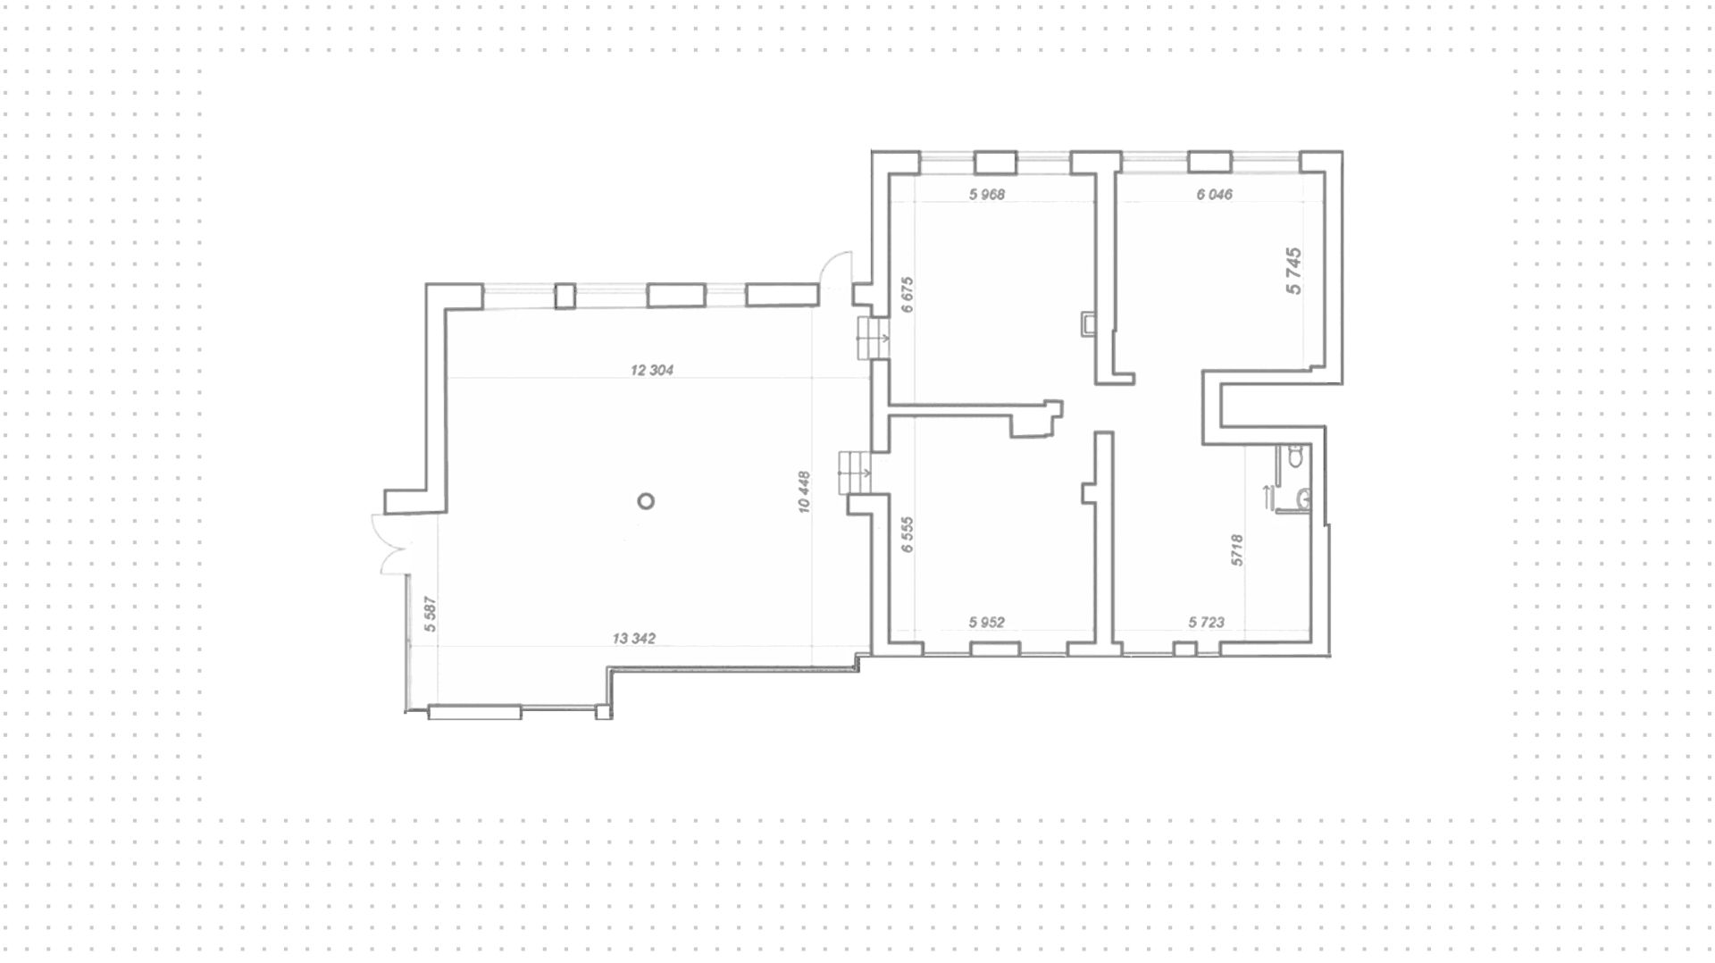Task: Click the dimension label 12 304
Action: [652, 370]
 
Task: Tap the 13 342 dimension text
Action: [634, 639]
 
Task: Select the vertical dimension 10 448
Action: [805, 491]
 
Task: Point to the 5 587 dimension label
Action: [430, 614]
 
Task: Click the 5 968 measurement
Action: [987, 194]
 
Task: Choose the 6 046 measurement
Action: [1214, 194]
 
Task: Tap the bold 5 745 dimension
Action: [1293, 271]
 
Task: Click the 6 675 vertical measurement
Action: [908, 295]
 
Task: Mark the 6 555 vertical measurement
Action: [908, 535]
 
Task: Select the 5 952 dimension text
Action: [987, 623]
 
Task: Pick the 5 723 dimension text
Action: [1206, 623]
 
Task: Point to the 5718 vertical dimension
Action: [1237, 549]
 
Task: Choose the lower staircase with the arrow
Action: [855, 472]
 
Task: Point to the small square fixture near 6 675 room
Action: [1087, 322]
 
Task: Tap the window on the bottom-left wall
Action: [474, 712]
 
